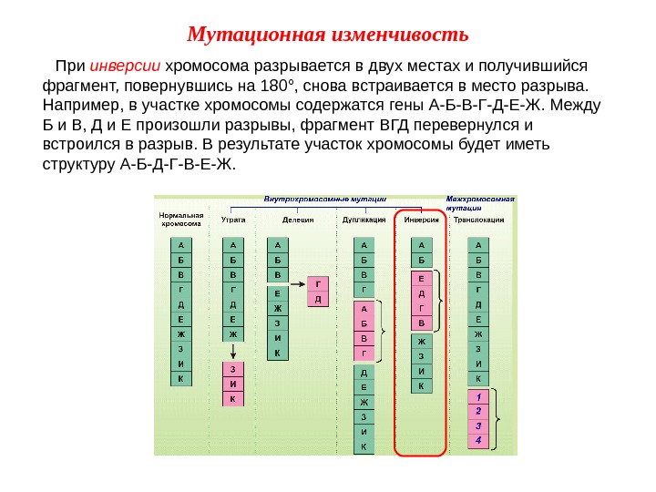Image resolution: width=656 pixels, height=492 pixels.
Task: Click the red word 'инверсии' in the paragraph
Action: click(x=126, y=67)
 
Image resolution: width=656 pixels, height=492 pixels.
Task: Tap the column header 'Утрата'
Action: click(x=232, y=220)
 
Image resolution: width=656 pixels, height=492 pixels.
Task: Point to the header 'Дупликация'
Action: click(x=363, y=220)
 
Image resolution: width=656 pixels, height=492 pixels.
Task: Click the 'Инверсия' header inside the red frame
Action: click(x=421, y=220)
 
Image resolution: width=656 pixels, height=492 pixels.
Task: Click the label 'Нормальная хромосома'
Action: click(x=180, y=219)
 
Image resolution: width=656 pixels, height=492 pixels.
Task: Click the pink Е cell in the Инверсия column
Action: click(x=421, y=280)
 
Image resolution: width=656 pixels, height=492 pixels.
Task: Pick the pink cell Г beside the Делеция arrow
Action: click(x=318, y=282)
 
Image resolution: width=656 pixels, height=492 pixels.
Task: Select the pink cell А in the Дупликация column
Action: click(x=364, y=310)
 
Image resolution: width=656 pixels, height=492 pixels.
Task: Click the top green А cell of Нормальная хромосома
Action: click(x=180, y=245)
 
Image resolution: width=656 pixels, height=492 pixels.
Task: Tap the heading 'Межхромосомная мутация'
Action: click(x=480, y=202)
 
